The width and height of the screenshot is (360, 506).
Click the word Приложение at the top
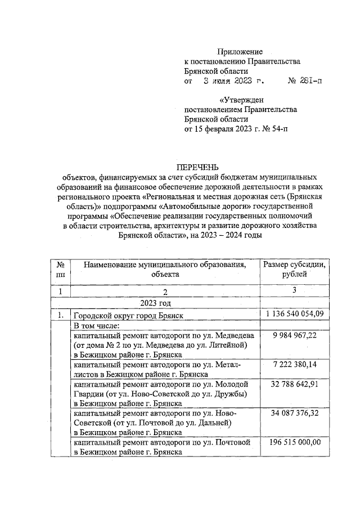pyautogui.click(x=240, y=52)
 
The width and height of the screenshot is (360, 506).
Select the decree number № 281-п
pyautogui.click(x=305, y=81)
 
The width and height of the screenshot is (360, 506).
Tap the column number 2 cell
pyautogui.click(x=164, y=292)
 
